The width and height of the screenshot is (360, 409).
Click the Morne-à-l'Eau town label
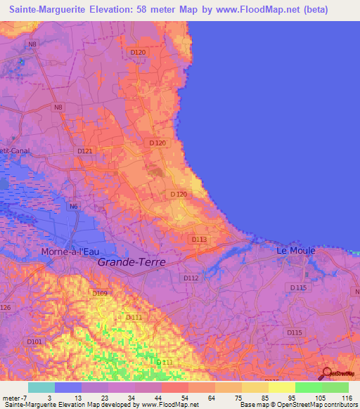[x=71, y=251]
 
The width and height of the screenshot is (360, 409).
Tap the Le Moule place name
[x=295, y=250]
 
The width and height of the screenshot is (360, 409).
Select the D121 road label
[x=84, y=151]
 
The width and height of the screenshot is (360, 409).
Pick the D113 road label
[x=199, y=239]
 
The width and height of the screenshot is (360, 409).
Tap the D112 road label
[x=191, y=278]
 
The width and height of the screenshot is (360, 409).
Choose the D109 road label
[x=99, y=292]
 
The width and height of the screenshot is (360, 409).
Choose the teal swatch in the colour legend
[x=41, y=387]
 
